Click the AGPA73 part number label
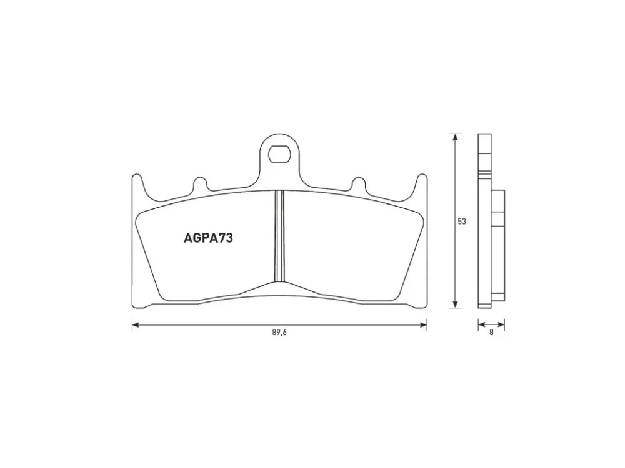click(x=208, y=238)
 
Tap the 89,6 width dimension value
click(x=279, y=333)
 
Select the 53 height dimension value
click(x=462, y=222)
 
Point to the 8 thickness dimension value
click(x=491, y=333)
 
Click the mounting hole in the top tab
click(x=279, y=154)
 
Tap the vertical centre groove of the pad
click(x=279, y=236)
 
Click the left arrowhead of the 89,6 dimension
click(x=136, y=325)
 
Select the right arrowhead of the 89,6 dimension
click(x=424, y=325)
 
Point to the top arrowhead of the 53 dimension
click(x=455, y=137)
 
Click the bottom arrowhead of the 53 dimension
click(x=455, y=305)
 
